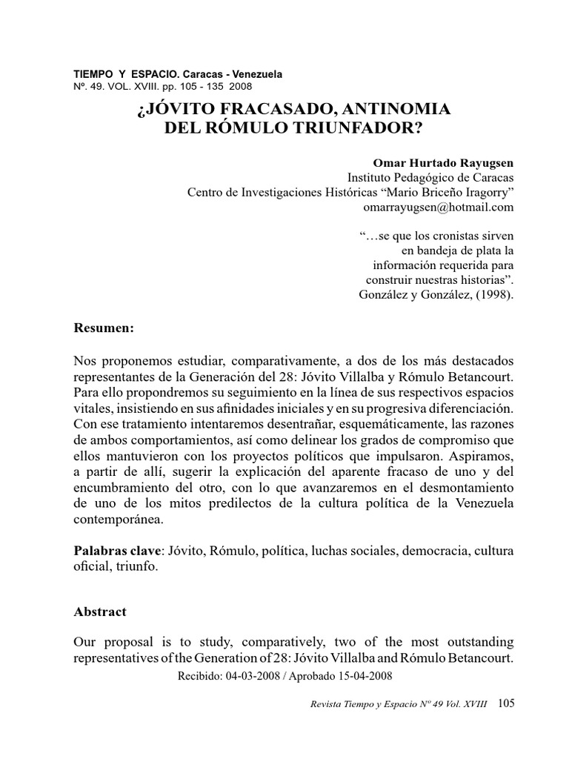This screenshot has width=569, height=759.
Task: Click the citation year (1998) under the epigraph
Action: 492,294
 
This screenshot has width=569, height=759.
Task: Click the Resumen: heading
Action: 104,327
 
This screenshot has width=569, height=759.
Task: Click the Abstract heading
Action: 100,611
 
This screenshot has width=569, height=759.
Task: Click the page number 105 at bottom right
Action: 507,702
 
